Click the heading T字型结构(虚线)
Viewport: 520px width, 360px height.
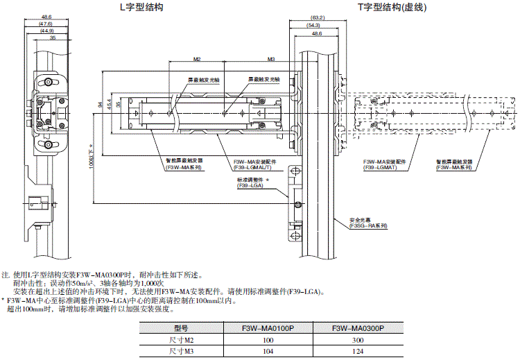point(392,8)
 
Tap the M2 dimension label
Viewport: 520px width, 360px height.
point(196,60)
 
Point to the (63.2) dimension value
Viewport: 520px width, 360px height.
point(318,17)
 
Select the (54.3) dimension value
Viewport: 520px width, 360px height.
point(314,25)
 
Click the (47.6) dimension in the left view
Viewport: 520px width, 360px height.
point(46,24)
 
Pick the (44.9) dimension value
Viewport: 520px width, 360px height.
point(46,31)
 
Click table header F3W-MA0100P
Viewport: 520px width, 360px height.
point(268,328)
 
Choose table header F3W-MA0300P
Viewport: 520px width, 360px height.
point(358,328)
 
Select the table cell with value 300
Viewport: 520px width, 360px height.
point(358,341)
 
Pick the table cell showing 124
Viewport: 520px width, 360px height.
point(358,352)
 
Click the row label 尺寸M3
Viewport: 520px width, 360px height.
point(182,352)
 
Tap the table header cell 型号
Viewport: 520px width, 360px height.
point(182,328)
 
